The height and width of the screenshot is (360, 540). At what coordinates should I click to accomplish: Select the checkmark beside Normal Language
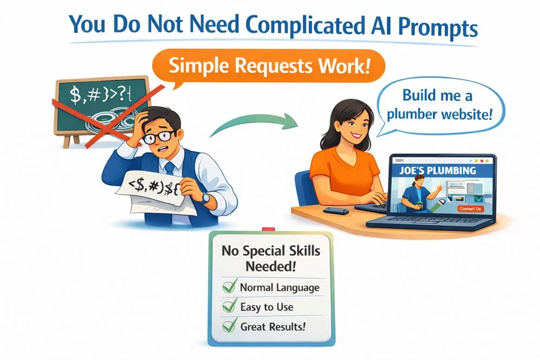coord(230,288)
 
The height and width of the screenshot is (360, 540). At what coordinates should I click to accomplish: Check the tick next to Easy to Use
coord(230,307)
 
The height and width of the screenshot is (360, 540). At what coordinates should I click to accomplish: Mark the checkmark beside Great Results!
coord(230,326)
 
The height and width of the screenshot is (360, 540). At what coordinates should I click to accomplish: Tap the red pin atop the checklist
coord(265,231)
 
